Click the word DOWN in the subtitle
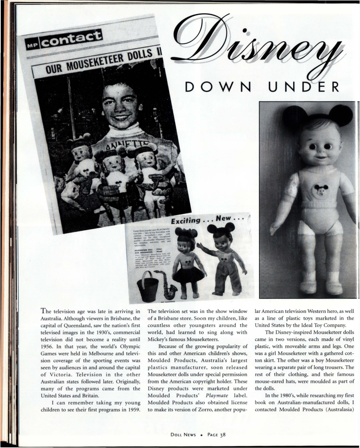click(214, 86)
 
